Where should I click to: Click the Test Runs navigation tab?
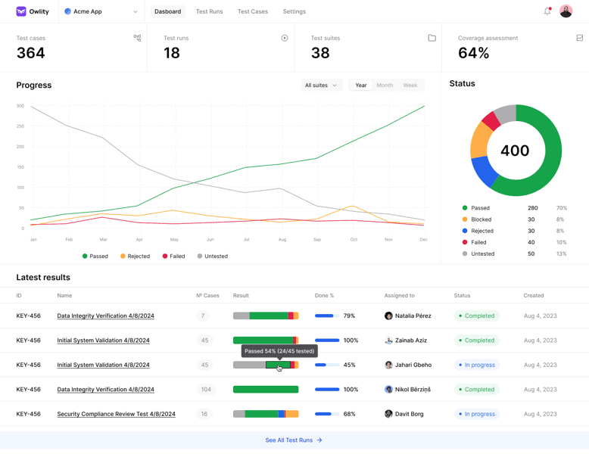coord(209,12)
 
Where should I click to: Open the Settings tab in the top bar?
coord(294,12)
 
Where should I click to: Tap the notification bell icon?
coord(547,11)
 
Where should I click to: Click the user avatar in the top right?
coord(566,11)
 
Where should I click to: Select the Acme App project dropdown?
coord(101,12)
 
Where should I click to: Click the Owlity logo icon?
coord(21,11)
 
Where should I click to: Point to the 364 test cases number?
coord(31,53)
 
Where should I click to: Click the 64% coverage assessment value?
coord(473,53)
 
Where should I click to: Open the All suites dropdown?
coord(321,86)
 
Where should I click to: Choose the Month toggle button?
coord(385,86)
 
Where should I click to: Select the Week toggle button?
coord(410,86)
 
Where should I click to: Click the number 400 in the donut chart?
coord(515,151)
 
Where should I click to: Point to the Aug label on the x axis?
coord(282,239)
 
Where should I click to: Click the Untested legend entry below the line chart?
coord(212,257)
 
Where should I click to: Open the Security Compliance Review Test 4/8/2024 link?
coord(116,414)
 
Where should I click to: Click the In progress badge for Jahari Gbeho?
coord(476,365)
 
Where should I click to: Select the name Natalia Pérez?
coord(413,316)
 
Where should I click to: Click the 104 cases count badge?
coord(205,390)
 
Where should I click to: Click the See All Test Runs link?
coord(294,440)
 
